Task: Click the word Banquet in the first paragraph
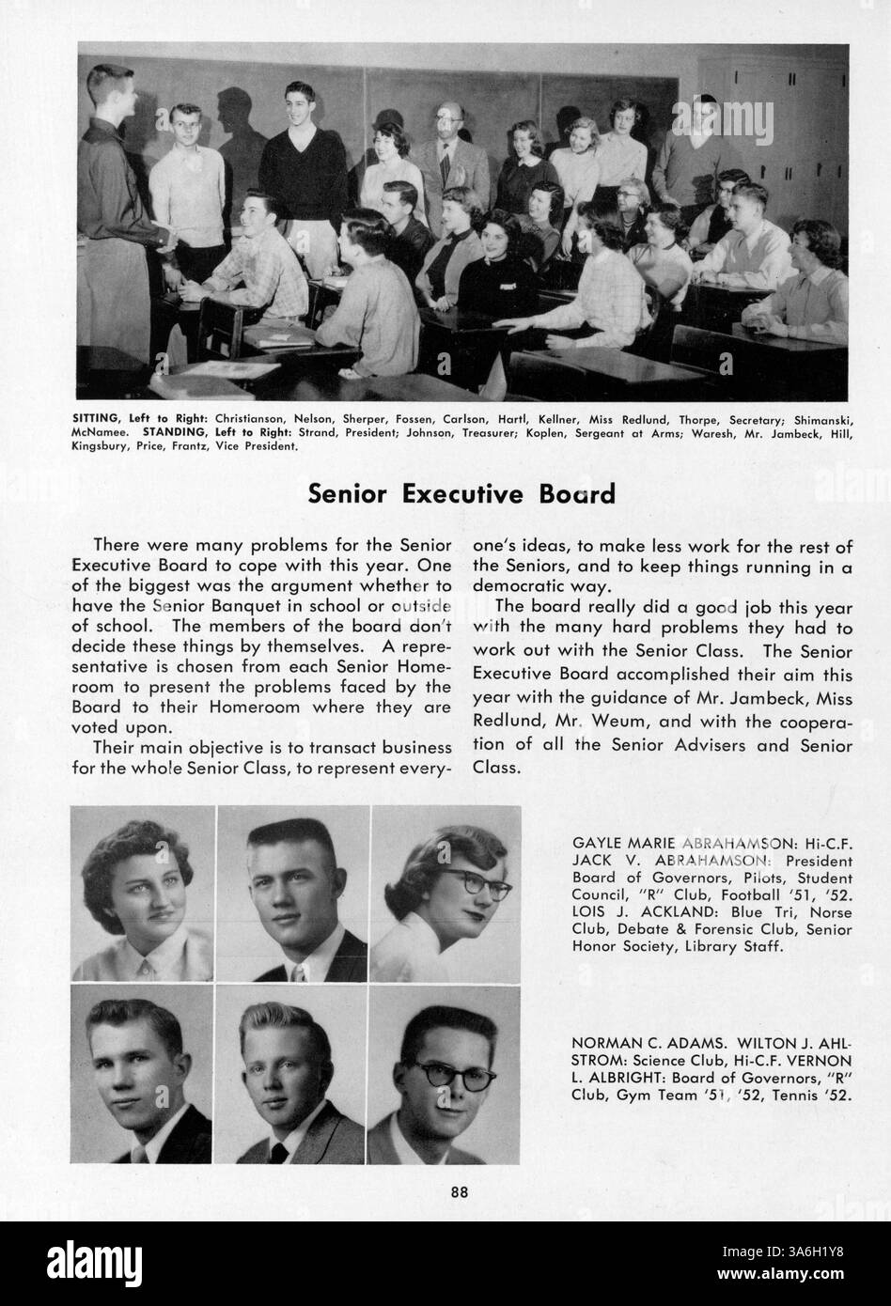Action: coord(274,608)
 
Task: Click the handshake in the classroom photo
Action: coord(168,242)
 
